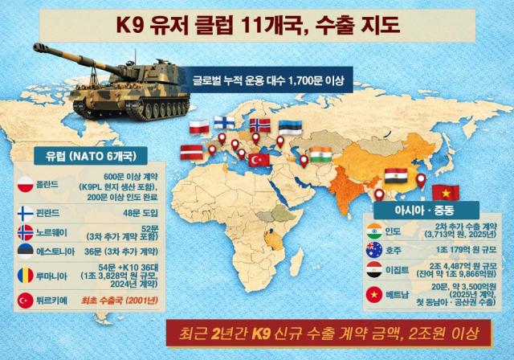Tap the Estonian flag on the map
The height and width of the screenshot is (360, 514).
[x=292, y=129]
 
